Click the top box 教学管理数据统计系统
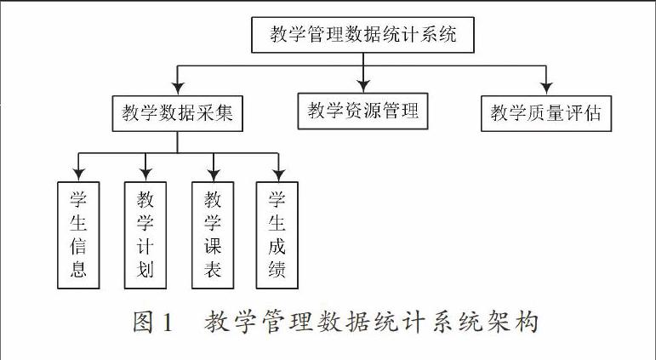pyautogui.click(x=362, y=35)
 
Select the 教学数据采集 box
pyautogui.click(x=177, y=113)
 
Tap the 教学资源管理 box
pyautogui.click(x=362, y=111)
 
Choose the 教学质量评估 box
pyautogui.click(x=546, y=113)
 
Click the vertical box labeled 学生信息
pyautogui.click(x=78, y=235)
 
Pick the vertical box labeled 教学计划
pyautogui.click(x=145, y=235)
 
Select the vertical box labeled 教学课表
pyautogui.click(x=213, y=235)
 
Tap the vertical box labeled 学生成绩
pyautogui.click(x=277, y=235)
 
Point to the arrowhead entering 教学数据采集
pyautogui.click(x=178, y=89)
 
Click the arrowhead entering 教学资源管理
pyautogui.click(x=363, y=86)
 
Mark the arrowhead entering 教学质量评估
pyautogui.click(x=546, y=89)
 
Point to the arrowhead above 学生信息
pyautogui.click(x=78, y=174)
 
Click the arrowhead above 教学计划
pyautogui.click(x=145, y=174)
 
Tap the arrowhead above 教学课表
pyautogui.click(x=214, y=174)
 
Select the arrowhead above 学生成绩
pyautogui.click(x=278, y=174)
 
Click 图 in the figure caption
pyautogui.click(x=143, y=323)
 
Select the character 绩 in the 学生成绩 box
pyautogui.click(x=277, y=270)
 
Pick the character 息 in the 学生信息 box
pyautogui.click(x=78, y=270)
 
